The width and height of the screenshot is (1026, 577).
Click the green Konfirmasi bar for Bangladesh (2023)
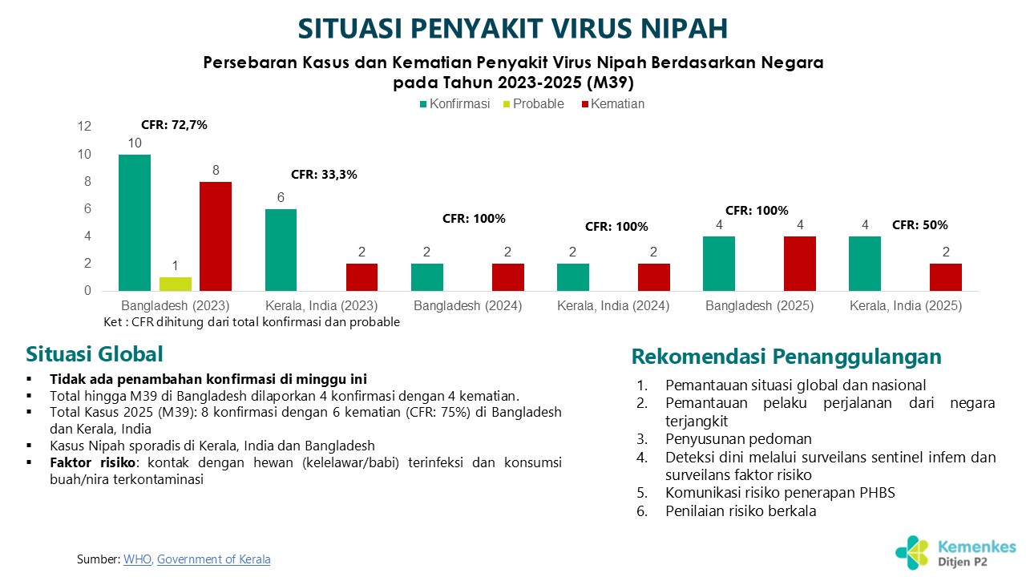(135, 223)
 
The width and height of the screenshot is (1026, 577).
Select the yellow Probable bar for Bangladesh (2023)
(176, 284)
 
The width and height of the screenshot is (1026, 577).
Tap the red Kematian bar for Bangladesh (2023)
(216, 236)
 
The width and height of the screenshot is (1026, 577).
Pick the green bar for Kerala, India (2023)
(281, 250)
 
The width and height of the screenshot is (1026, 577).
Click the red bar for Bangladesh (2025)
(800, 264)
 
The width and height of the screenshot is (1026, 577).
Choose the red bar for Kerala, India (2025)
(946, 277)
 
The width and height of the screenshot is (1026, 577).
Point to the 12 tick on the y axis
(85, 127)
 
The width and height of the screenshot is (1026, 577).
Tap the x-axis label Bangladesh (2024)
(468, 306)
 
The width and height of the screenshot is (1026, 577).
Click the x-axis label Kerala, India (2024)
(613, 306)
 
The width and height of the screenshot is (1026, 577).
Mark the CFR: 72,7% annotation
(174, 125)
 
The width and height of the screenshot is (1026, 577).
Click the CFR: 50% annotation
(920, 225)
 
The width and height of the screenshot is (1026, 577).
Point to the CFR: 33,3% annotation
(324, 174)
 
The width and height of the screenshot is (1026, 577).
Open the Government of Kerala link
(213, 559)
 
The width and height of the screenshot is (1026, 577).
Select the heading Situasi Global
(95, 354)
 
